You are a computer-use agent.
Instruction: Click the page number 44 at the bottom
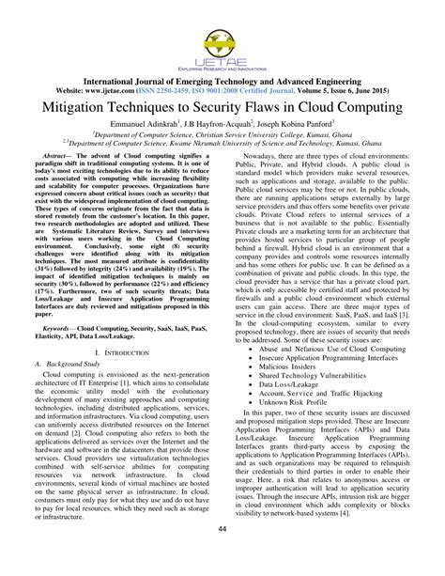click(x=222, y=554)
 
